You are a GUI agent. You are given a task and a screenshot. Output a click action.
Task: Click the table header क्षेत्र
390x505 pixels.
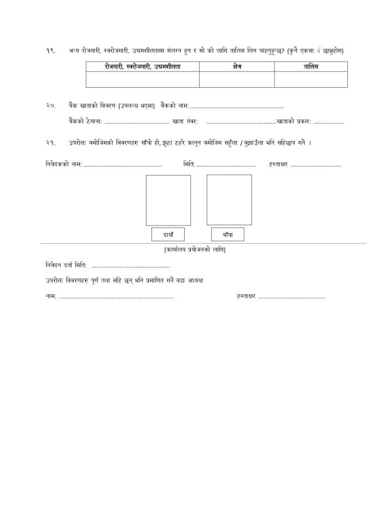point(237,67)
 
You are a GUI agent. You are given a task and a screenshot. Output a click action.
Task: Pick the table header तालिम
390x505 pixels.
point(311,67)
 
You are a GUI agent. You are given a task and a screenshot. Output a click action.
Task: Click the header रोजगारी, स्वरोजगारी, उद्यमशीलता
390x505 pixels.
point(143,67)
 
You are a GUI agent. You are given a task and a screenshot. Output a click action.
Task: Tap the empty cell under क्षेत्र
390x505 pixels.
point(237,80)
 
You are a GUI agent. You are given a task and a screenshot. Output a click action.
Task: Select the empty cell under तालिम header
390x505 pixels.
point(311,80)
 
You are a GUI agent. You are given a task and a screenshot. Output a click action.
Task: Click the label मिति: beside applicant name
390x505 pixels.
point(189,165)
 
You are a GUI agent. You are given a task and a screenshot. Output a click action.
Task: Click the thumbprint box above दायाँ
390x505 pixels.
point(168,200)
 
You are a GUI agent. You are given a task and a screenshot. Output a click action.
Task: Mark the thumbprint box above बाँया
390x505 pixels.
point(229,200)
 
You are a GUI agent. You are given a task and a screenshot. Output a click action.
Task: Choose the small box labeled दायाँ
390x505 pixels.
point(168,235)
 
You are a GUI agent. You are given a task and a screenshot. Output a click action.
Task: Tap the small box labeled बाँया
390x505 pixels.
point(227,235)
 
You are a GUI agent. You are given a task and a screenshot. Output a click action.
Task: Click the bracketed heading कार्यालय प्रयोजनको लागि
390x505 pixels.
point(195,250)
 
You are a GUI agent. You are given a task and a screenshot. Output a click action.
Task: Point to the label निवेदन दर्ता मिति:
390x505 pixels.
point(66,266)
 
